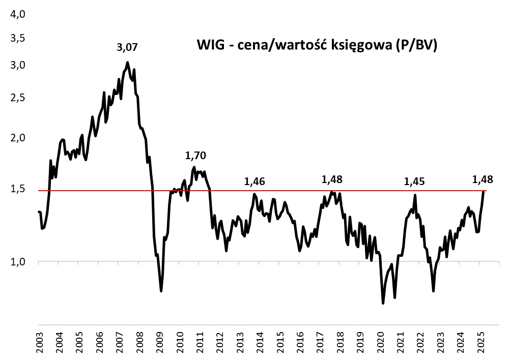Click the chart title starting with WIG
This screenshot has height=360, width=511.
coord(318,45)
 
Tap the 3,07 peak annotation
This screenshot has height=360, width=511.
coord(127,47)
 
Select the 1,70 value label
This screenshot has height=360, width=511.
coord(196,156)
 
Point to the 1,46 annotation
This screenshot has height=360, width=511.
coord(255,181)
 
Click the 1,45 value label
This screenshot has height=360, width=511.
coord(414,182)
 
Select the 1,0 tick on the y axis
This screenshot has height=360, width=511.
coord(18,262)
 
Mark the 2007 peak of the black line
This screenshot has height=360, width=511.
coord(127,63)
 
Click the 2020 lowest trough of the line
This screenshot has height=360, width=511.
coord(383,304)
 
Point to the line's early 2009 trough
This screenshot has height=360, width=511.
coord(161,291)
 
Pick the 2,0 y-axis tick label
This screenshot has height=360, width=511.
coord(18,138)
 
